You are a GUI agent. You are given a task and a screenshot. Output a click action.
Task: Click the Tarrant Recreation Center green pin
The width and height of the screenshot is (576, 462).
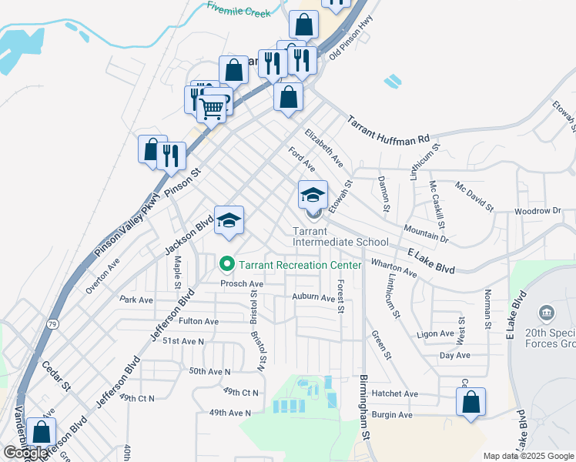click(227, 265)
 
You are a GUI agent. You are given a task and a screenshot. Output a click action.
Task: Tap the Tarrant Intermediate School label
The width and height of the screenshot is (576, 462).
click(340, 236)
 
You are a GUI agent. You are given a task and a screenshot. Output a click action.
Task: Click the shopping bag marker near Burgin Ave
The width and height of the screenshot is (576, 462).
click(471, 403)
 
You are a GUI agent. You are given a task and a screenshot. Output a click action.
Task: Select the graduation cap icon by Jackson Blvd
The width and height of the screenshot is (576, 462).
click(229, 220)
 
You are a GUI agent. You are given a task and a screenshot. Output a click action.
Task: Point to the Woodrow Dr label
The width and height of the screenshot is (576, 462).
click(537, 210)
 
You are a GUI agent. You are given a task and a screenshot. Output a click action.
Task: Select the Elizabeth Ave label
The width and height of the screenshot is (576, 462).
click(324, 148)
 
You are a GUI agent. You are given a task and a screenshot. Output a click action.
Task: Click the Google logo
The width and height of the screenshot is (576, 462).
click(25, 454)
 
